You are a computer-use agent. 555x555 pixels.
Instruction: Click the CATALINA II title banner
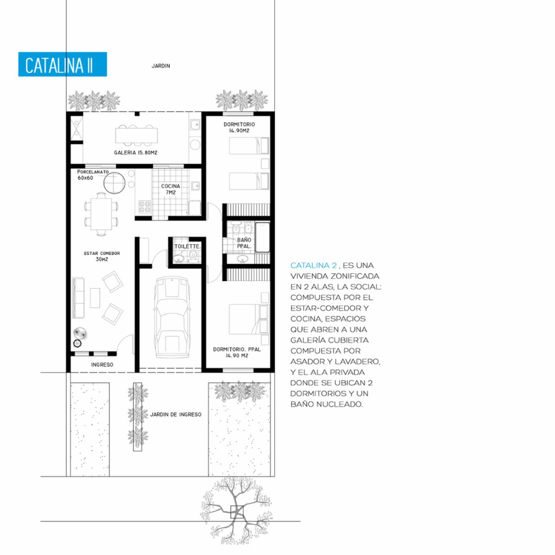point(62,64)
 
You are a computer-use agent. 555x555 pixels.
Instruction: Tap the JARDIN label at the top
point(160,66)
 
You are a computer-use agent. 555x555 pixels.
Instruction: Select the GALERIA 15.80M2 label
point(136,153)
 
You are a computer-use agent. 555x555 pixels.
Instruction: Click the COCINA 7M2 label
point(171,189)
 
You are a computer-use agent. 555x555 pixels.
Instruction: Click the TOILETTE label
point(187,247)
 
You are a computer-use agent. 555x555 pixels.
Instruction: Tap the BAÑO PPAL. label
point(244,243)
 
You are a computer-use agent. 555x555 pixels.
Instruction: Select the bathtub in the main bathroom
point(262,237)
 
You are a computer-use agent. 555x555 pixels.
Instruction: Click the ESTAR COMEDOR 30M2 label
point(102,256)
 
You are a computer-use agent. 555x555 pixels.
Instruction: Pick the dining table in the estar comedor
point(101,214)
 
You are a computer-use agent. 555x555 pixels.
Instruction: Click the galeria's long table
point(136,135)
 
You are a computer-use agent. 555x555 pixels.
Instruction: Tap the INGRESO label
point(102,364)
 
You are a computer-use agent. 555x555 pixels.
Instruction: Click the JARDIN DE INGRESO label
point(176,414)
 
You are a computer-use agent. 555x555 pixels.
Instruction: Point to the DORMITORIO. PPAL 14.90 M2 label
point(237,352)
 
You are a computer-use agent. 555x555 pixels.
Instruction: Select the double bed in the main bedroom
point(249,319)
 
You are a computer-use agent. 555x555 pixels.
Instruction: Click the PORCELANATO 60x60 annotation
point(93,175)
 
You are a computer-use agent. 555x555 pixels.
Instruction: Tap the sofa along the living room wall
point(78,298)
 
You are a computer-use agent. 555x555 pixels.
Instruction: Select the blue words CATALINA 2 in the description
point(314,265)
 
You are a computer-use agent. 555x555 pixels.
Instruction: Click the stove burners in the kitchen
point(145,206)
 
